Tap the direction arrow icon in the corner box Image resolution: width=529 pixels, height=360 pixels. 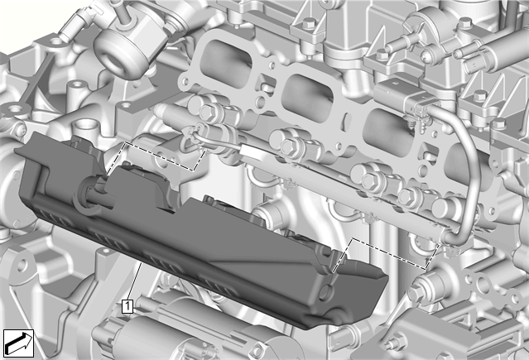pos(18,343)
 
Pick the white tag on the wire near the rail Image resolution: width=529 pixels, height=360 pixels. pos(252,152)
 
